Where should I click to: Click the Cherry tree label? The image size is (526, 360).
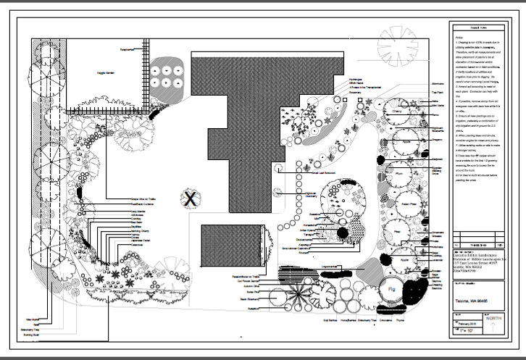pos(398,113)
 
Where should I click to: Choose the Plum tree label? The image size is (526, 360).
pos(399,174)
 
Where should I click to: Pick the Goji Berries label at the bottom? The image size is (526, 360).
pos(331,317)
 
